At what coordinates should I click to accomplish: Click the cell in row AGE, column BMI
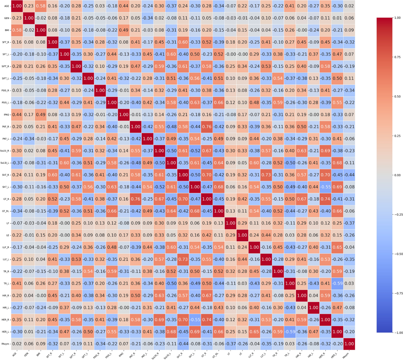(41, 6)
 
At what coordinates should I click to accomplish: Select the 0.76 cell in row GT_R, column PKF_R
(135, 199)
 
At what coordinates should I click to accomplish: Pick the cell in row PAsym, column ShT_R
(183, 344)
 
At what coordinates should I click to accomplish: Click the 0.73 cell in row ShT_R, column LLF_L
(266, 175)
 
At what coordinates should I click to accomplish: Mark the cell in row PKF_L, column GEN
(29, 139)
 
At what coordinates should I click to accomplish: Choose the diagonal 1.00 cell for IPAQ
(124, 115)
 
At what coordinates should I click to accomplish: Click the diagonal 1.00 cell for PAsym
(349, 344)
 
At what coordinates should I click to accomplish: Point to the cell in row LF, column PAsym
(349, 223)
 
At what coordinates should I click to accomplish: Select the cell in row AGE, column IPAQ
(124, 6)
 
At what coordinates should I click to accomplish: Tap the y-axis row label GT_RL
(6, 211)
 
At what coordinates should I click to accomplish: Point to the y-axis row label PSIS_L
(6, 103)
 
